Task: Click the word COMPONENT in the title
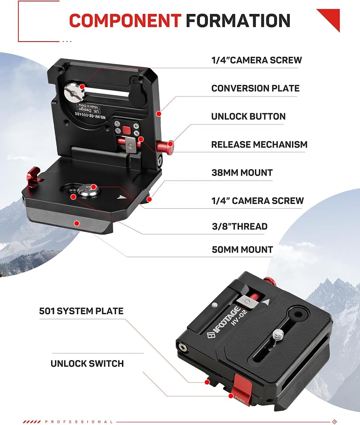(x=125, y=20)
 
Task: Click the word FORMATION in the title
(x=238, y=20)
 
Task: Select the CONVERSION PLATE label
(x=255, y=88)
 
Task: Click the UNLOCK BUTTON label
(x=248, y=116)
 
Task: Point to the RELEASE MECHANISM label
(x=259, y=144)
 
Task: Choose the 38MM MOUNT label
(x=242, y=173)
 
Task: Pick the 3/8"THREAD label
(x=239, y=227)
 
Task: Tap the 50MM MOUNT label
(x=242, y=249)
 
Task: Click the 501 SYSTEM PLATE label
(x=81, y=311)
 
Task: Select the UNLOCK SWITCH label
(x=87, y=364)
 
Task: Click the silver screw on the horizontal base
(x=89, y=190)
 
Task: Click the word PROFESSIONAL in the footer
(x=79, y=422)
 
